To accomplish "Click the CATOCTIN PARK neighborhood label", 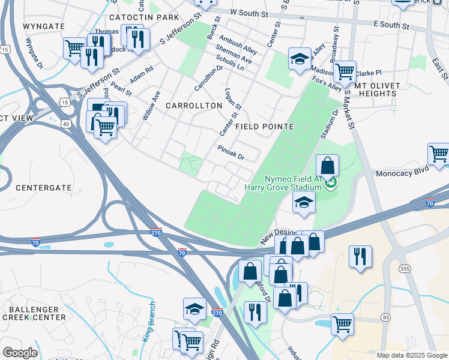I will coord(143,17).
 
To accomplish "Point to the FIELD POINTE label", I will coord(264,127).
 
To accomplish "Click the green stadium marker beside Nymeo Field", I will coord(331,181).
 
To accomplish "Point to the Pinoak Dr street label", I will coord(231,153).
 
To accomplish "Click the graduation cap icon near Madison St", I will coord(300,59).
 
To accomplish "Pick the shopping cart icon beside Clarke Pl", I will coord(345,71).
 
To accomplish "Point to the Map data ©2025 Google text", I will coord(411,355).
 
